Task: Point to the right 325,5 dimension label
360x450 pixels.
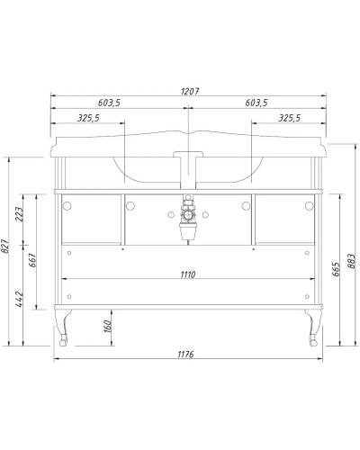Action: (290, 118)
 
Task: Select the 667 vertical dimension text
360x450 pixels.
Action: (33, 261)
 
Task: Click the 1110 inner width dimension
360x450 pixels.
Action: (186, 273)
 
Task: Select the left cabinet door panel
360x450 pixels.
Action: (91, 220)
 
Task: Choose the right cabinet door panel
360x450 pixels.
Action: (282, 220)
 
